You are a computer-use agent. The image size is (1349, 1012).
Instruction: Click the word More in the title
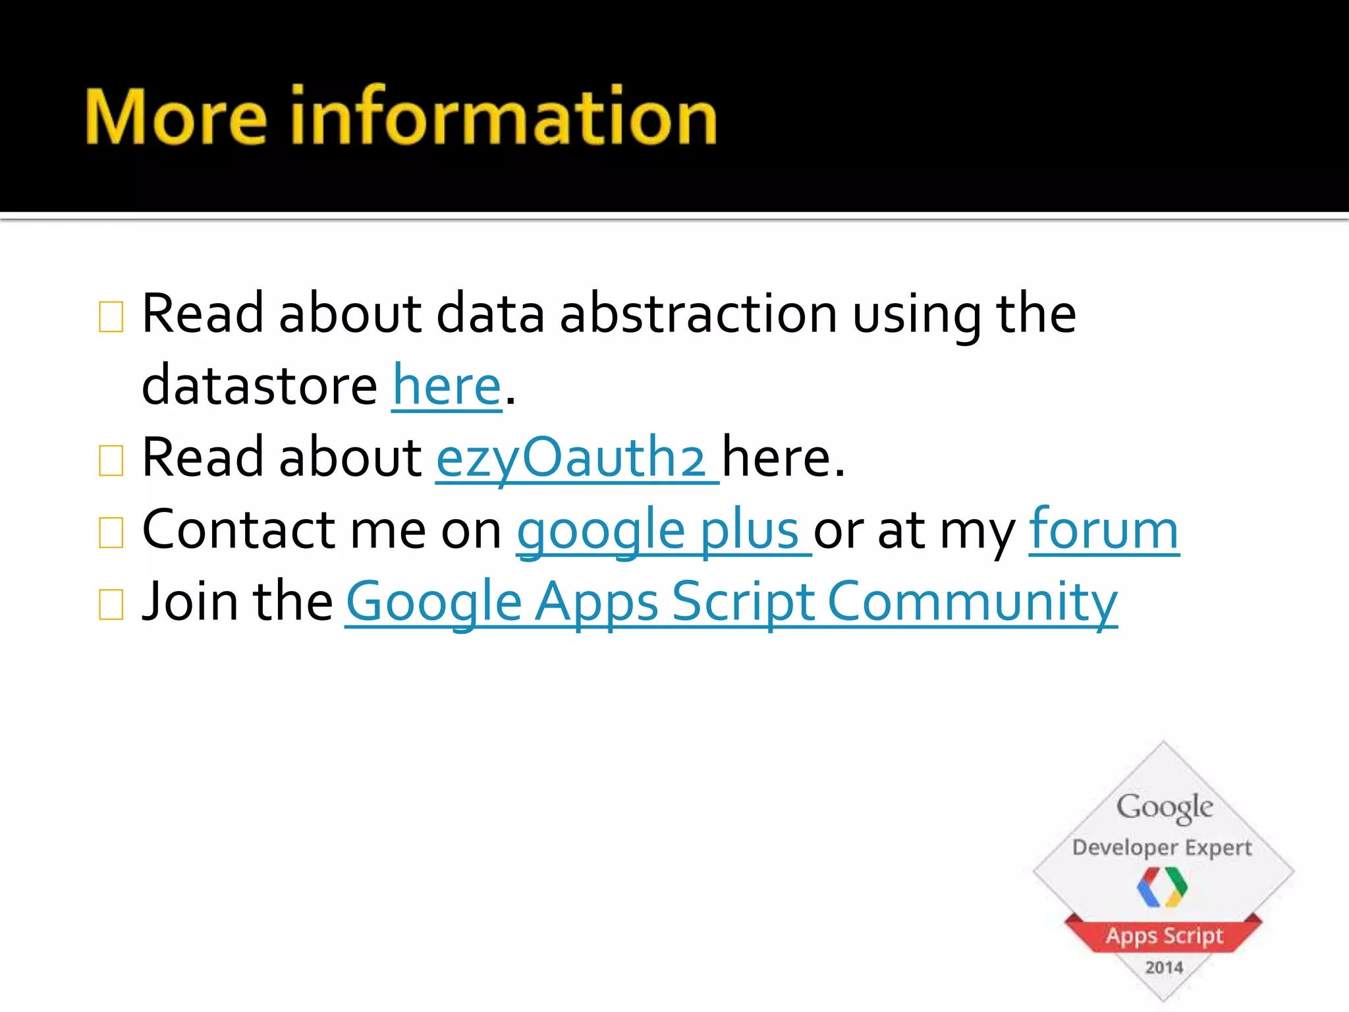(x=176, y=117)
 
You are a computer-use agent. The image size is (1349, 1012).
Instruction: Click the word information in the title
(x=503, y=117)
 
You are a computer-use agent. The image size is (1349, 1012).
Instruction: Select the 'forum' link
(x=1103, y=530)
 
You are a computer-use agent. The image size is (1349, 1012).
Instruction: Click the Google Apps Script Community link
(x=731, y=602)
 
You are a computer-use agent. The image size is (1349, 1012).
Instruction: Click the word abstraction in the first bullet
(x=698, y=314)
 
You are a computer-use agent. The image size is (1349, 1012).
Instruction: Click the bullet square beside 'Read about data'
(x=111, y=317)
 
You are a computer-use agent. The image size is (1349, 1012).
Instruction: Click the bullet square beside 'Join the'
(x=111, y=605)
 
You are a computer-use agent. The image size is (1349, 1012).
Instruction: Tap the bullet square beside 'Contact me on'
(x=111, y=533)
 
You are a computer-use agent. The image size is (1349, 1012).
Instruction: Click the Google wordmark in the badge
(x=1164, y=807)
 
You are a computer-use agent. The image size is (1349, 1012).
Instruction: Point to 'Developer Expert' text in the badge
(x=1162, y=847)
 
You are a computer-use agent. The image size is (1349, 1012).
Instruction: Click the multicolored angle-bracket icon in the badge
(x=1163, y=887)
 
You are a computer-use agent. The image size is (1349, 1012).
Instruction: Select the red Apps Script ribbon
(x=1164, y=936)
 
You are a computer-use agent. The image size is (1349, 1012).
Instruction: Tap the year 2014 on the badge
(x=1164, y=967)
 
